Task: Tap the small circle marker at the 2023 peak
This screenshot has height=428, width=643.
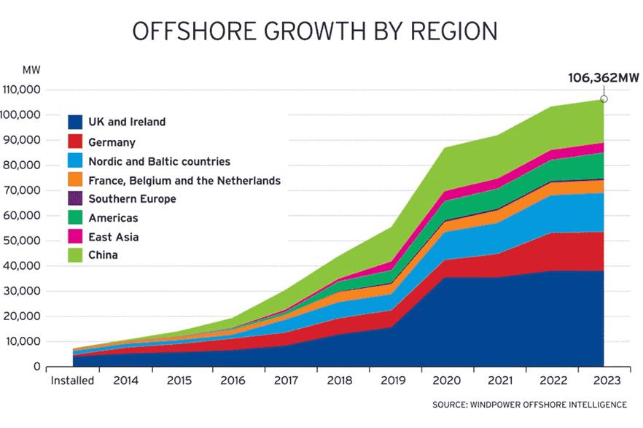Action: pos(604,99)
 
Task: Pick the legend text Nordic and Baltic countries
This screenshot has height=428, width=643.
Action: pos(159,161)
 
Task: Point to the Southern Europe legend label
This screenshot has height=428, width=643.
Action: pos(132,199)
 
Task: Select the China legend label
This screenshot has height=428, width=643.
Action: pos(103,256)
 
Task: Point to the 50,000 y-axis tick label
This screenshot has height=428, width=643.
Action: pos(24,241)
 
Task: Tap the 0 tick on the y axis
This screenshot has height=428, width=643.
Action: pos(36,367)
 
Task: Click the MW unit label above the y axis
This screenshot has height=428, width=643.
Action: pos(31,70)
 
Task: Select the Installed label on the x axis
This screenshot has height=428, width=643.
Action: pos(71,381)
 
